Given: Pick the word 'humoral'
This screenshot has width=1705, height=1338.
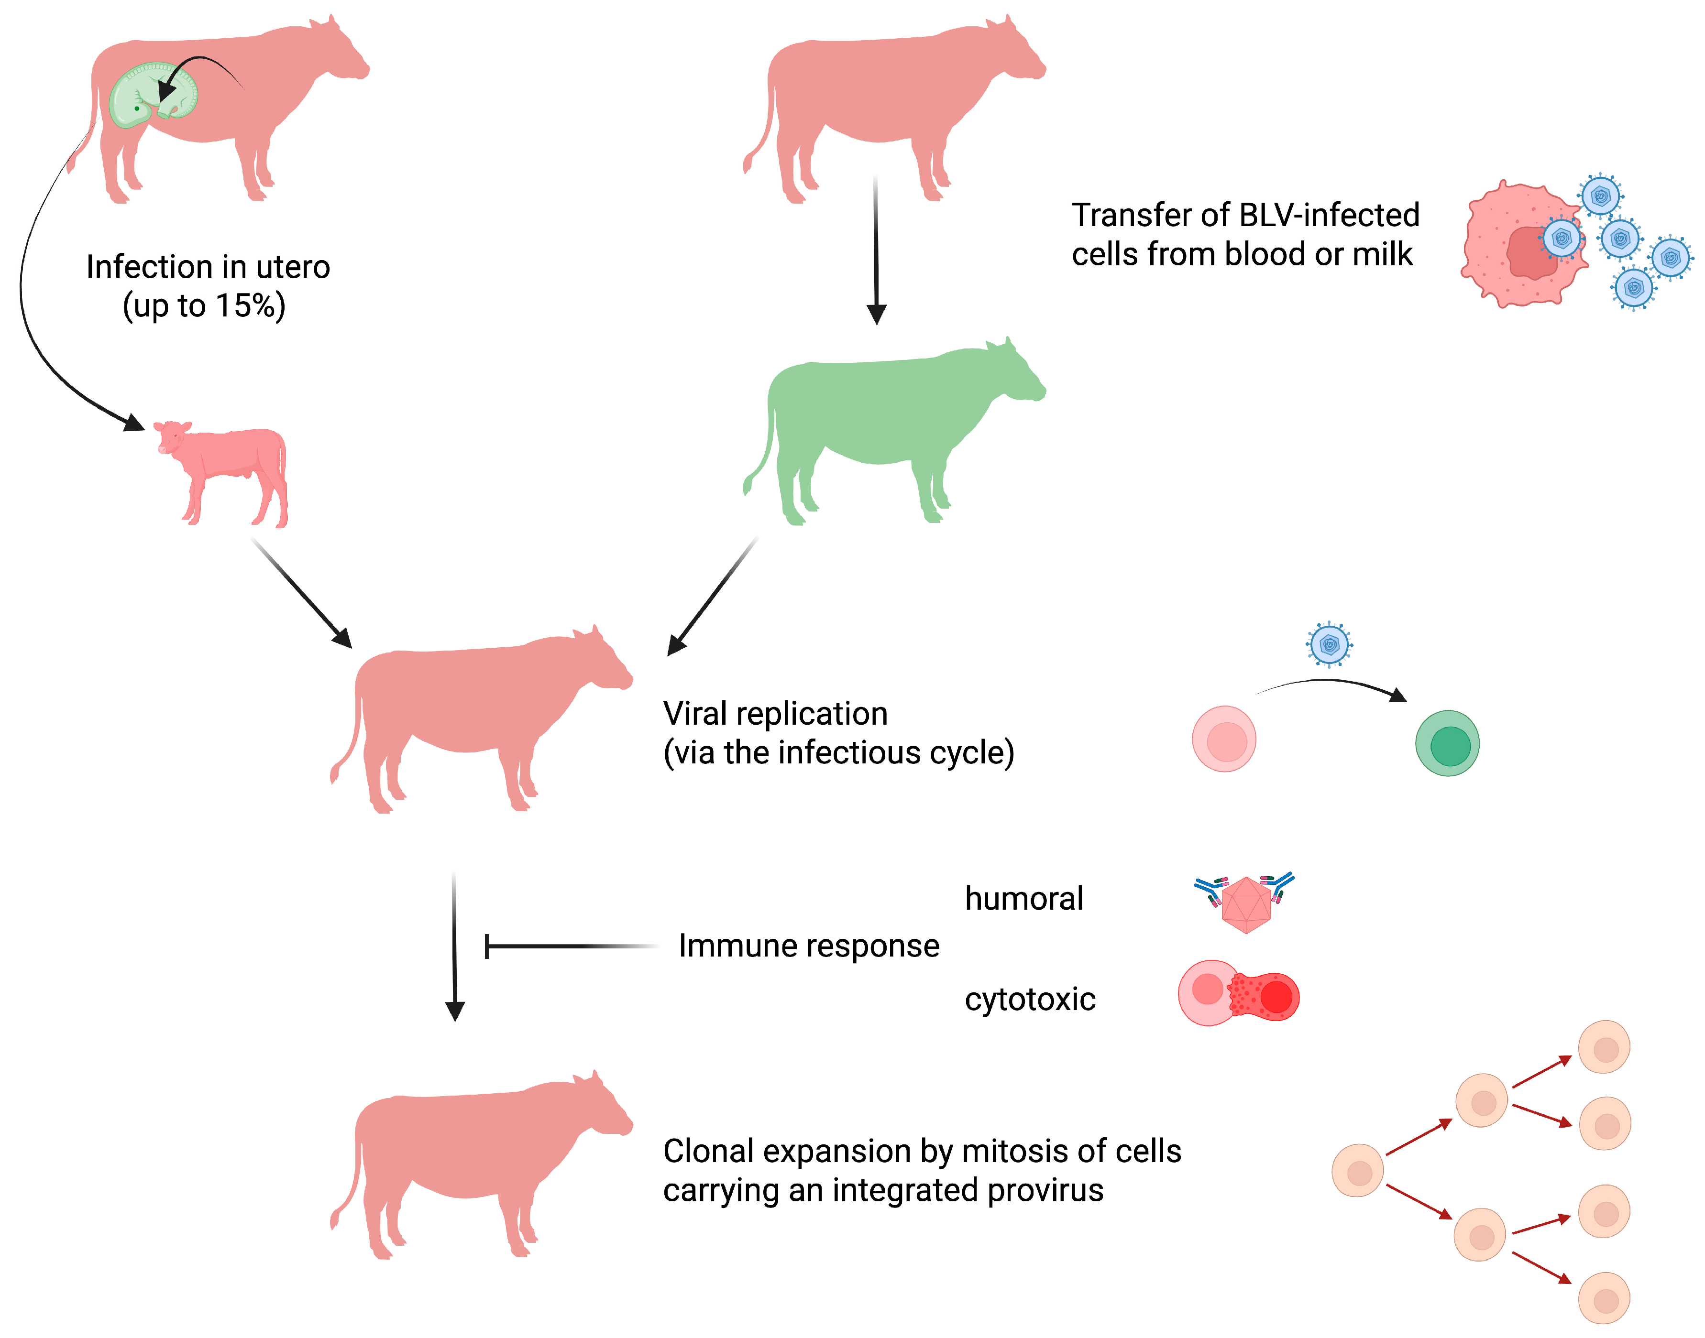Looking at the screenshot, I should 1023,899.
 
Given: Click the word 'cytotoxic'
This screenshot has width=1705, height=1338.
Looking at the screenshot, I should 1030,1000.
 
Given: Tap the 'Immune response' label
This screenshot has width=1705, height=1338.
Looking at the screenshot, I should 809,946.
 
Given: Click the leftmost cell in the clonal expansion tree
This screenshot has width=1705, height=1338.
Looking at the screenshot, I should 1357,1170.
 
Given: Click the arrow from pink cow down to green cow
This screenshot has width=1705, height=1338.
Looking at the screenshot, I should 876,250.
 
